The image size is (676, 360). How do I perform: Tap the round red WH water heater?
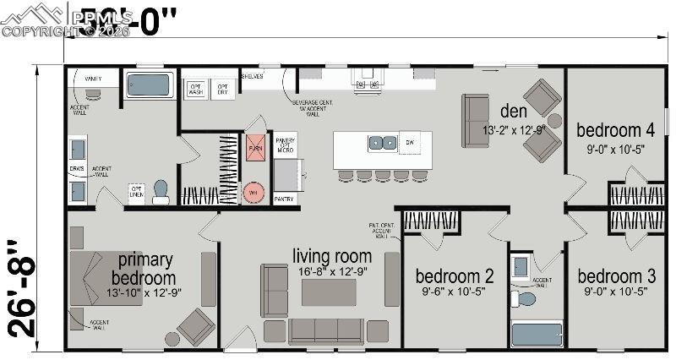[x=253, y=192]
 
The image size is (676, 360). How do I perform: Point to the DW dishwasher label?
[x=411, y=143]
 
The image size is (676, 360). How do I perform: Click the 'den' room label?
[x=514, y=111]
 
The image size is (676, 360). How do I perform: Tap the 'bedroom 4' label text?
[x=615, y=130]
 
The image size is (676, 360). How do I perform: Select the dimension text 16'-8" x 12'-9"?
[x=332, y=272]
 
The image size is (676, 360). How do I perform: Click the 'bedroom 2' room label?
[x=444, y=276]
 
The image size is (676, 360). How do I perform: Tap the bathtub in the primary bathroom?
[x=149, y=85]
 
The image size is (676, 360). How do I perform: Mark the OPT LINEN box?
[x=135, y=193]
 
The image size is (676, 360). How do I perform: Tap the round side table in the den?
[x=554, y=120]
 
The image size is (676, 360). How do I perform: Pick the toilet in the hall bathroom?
[x=526, y=298]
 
